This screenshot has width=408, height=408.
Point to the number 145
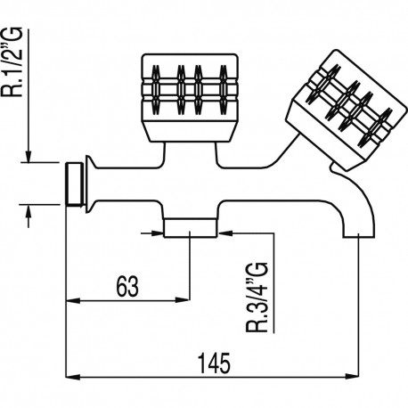tap(211, 364)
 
